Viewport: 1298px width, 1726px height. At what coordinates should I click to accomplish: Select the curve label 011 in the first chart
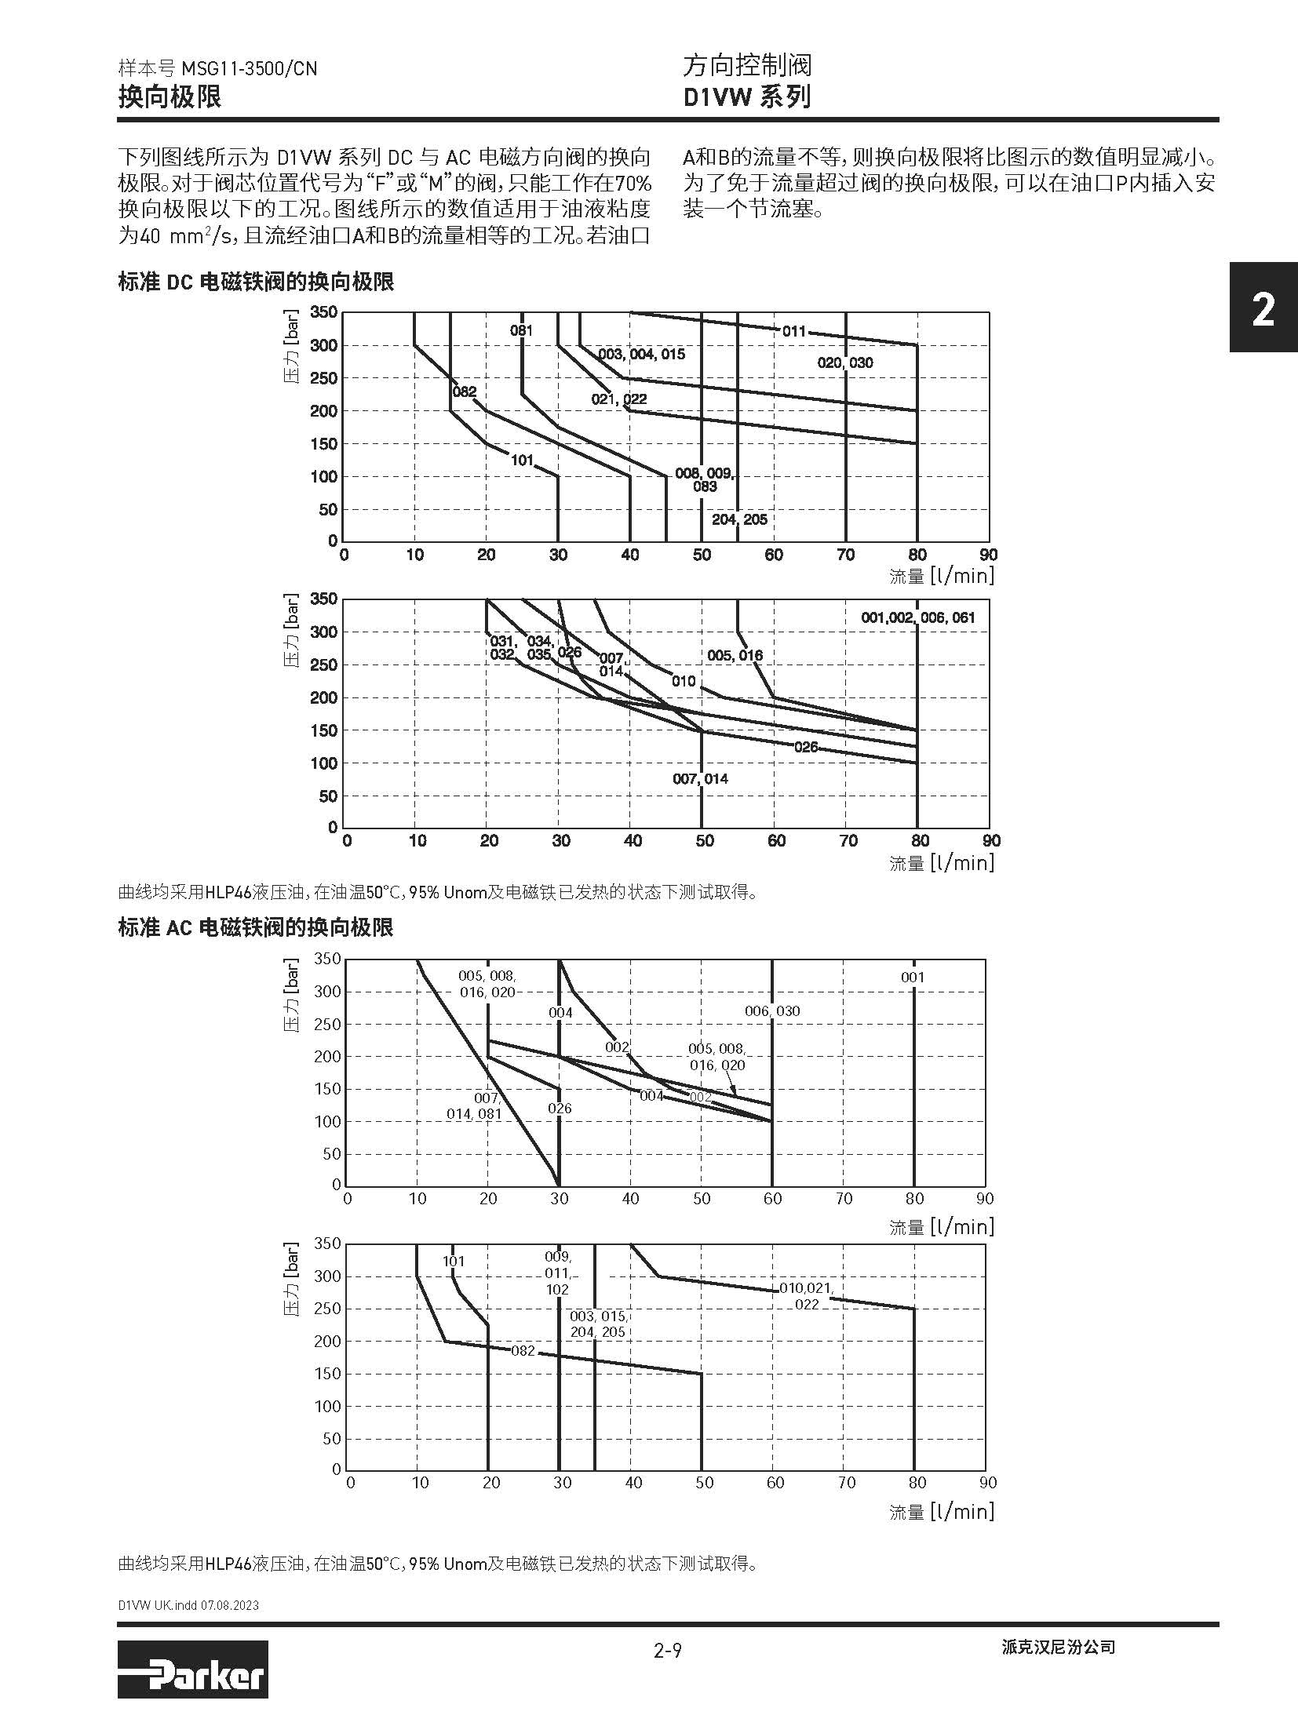pyautogui.click(x=793, y=331)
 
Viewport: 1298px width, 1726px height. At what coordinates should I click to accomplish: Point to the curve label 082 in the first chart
pyautogui.click(x=465, y=391)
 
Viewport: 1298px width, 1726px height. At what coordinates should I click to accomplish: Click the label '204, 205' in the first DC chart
pyautogui.click(x=739, y=519)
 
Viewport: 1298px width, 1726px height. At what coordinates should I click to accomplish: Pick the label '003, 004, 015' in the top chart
pyautogui.click(x=641, y=355)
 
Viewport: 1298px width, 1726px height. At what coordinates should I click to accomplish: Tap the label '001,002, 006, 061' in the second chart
pyautogui.click(x=917, y=617)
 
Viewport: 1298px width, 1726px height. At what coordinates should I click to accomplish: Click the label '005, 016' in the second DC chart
pyautogui.click(x=735, y=655)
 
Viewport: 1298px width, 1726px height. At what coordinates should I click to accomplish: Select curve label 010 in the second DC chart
pyautogui.click(x=684, y=681)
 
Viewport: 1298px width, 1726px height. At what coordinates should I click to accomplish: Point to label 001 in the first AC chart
pyautogui.click(x=913, y=978)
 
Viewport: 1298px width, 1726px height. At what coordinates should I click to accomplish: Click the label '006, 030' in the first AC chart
pyautogui.click(x=772, y=1011)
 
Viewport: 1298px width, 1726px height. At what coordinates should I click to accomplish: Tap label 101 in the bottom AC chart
pyautogui.click(x=454, y=1262)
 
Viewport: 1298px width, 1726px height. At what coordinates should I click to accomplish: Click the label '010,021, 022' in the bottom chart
pyautogui.click(x=806, y=1296)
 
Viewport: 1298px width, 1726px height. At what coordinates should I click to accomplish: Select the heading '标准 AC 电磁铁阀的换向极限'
pyautogui.click(x=255, y=927)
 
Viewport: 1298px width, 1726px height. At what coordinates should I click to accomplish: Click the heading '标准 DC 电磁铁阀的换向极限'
pyautogui.click(x=255, y=282)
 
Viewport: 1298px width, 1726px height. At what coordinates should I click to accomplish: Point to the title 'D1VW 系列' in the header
pyautogui.click(x=746, y=97)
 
